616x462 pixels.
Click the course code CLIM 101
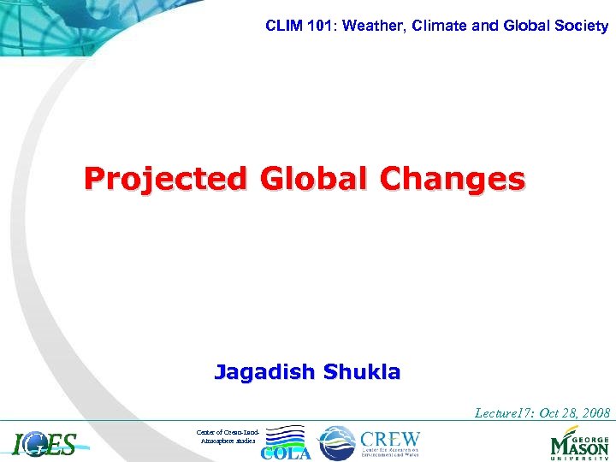[293, 26]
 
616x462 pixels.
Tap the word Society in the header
[580, 26]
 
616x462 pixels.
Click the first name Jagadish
[265, 372]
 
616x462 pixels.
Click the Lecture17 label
[506, 413]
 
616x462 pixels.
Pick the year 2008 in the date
[595, 413]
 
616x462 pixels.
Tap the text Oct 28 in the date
[559, 413]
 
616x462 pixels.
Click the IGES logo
[44, 443]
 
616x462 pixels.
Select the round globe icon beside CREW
[335, 442]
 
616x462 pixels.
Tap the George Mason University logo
[579, 443]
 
